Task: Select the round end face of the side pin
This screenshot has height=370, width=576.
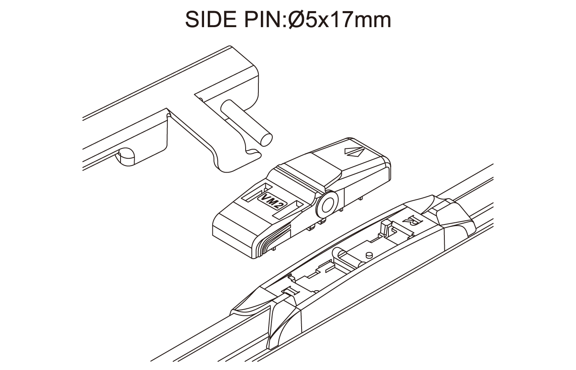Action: tap(266, 140)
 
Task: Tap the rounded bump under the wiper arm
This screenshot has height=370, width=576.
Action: tap(125, 156)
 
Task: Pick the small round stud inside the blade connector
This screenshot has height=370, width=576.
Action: tap(369, 254)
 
